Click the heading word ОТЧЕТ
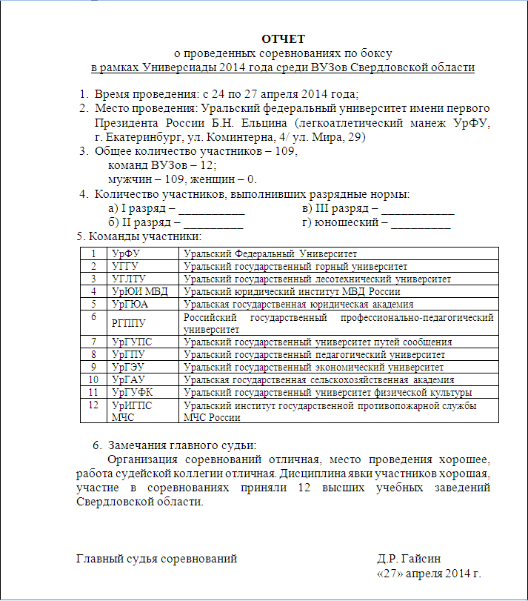pyautogui.click(x=284, y=39)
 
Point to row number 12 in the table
pyautogui.click(x=93, y=405)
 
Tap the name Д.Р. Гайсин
pyautogui.click(x=411, y=559)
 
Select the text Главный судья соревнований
pyautogui.click(x=157, y=559)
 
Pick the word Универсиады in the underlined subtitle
pyautogui.click(x=181, y=67)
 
